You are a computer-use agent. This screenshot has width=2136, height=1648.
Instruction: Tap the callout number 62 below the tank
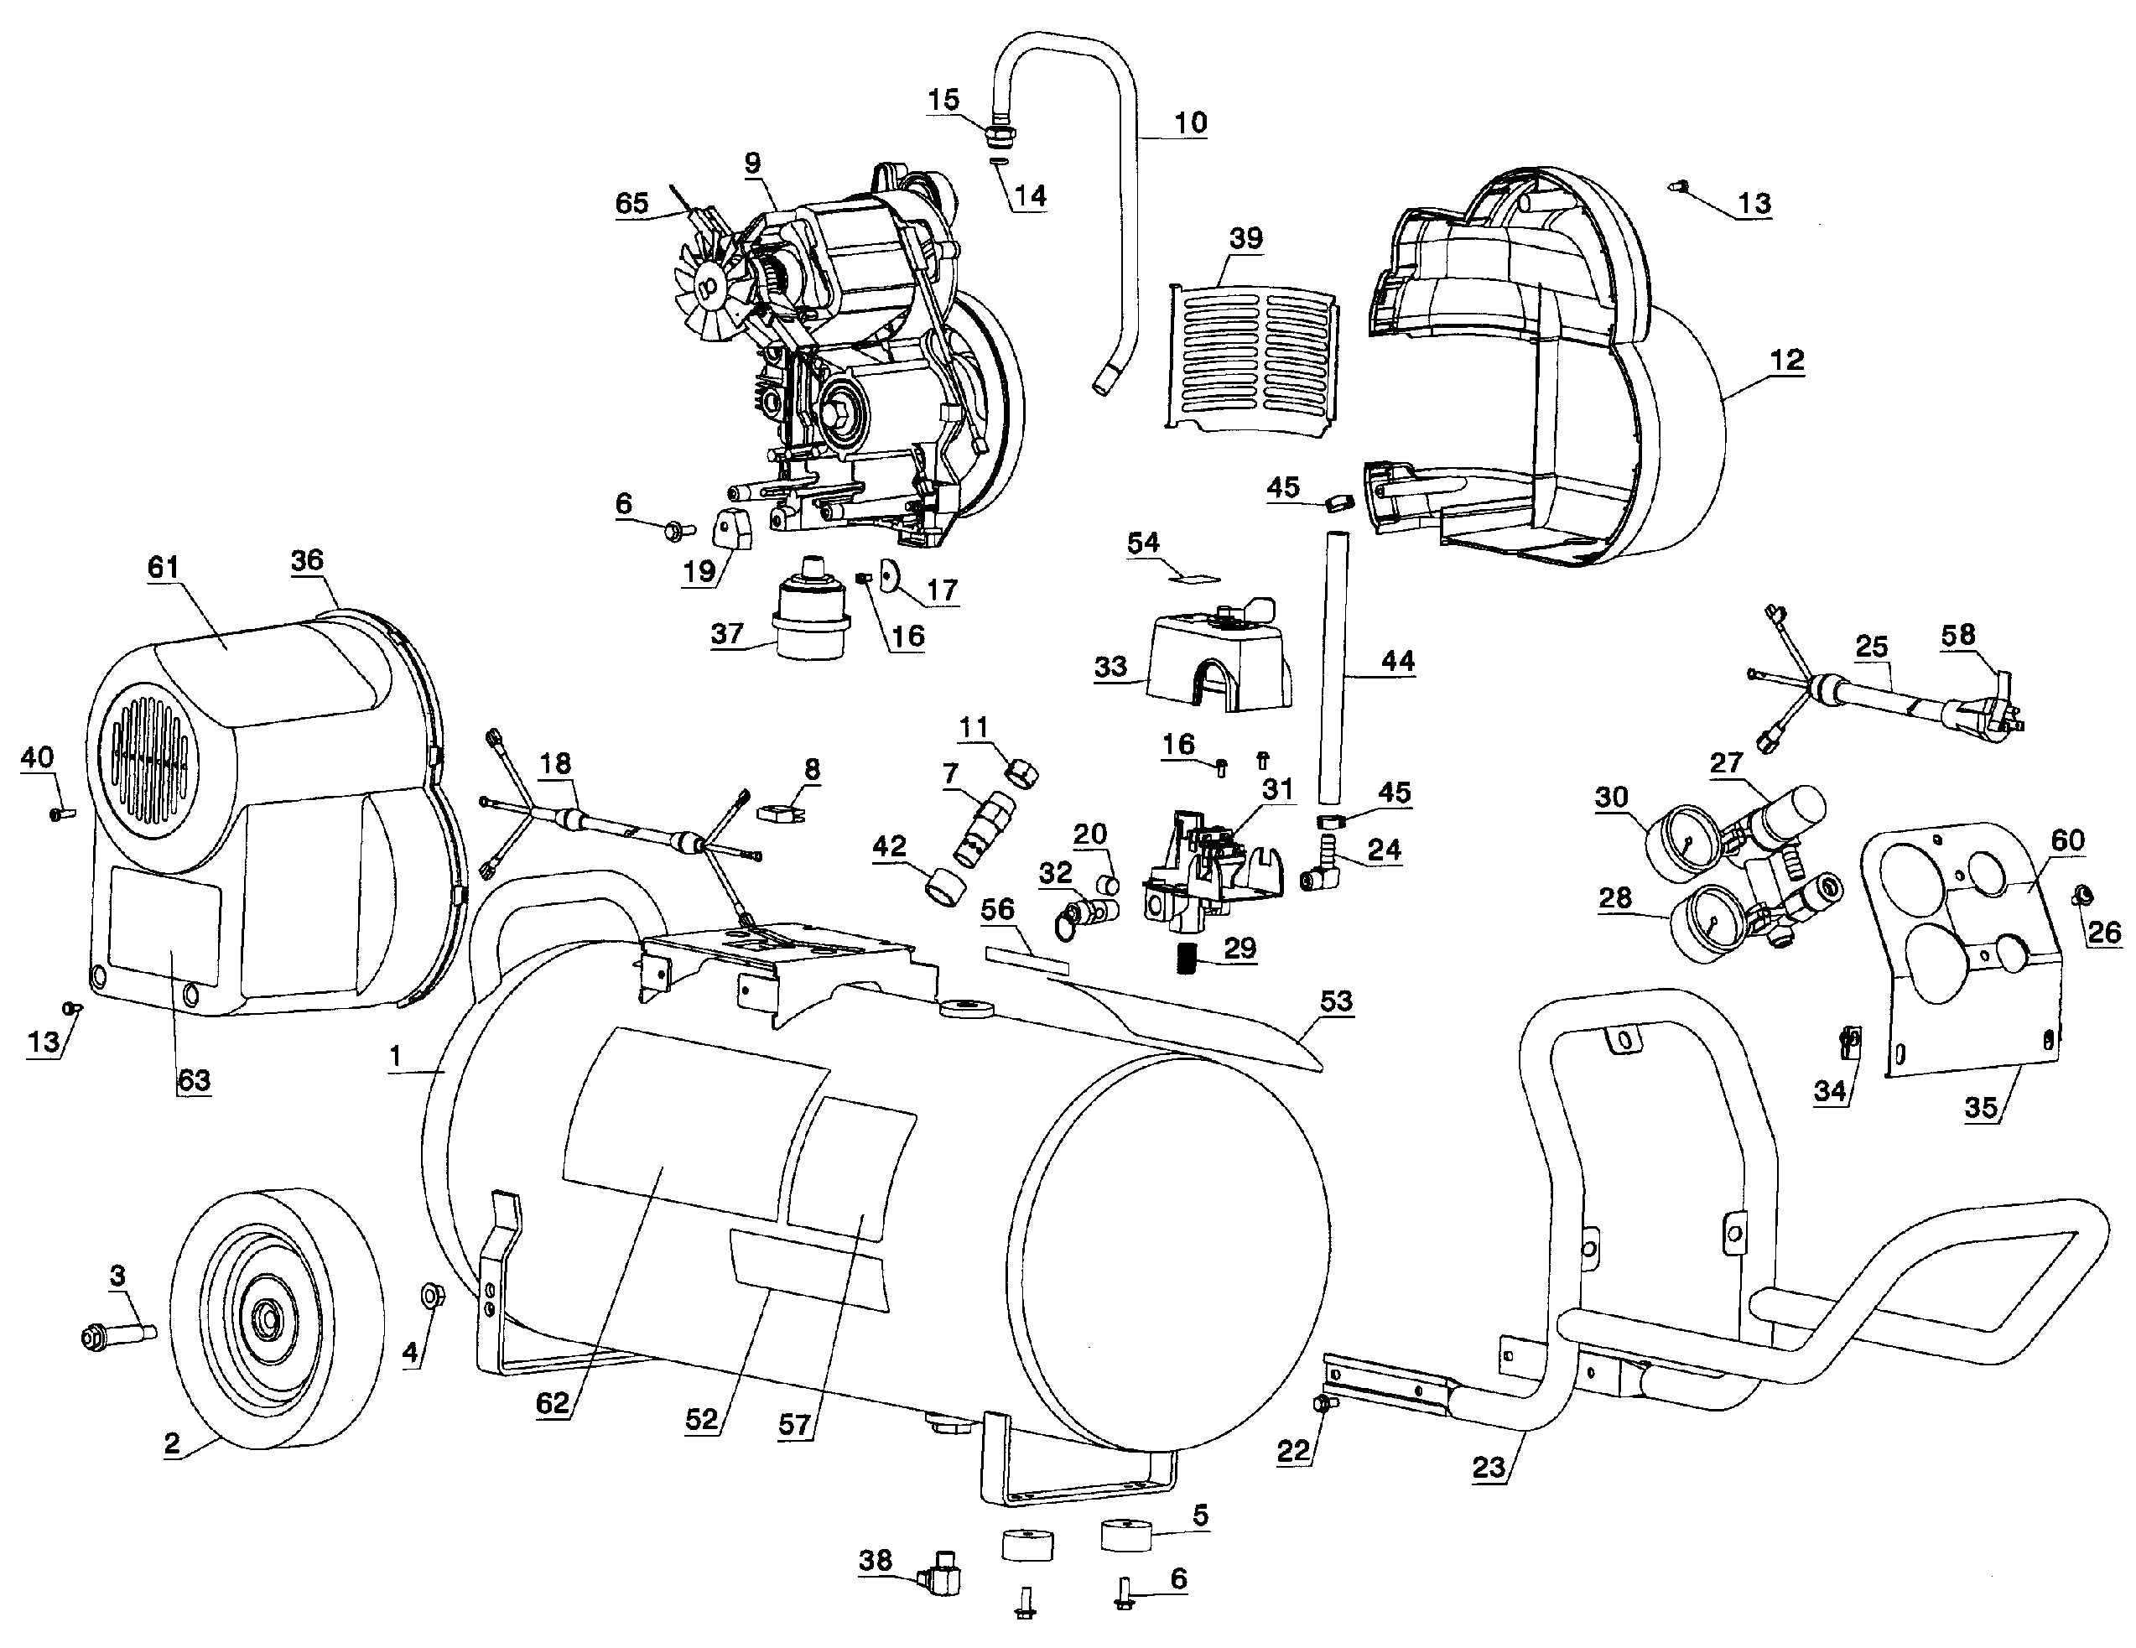[x=553, y=1402]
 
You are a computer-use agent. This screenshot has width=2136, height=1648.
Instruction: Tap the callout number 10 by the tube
[x=1189, y=123]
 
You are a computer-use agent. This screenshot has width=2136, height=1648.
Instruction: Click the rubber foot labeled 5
[x=1128, y=1535]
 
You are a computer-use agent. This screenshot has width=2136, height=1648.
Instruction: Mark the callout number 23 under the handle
[x=1489, y=1467]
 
